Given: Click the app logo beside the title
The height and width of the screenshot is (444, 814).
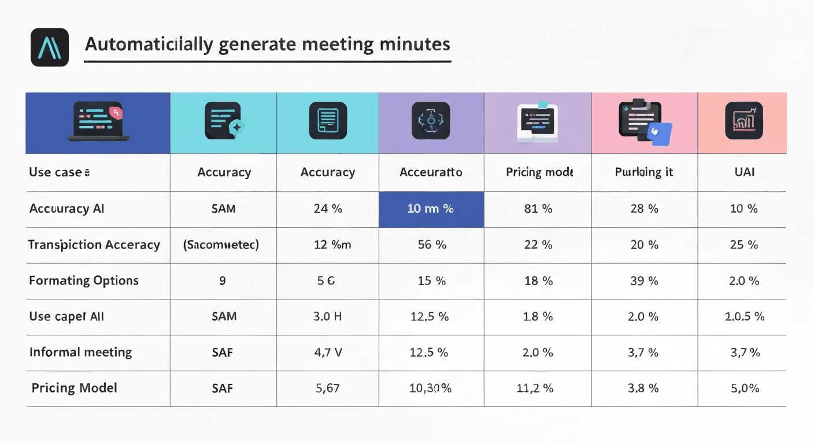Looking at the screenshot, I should pos(50,47).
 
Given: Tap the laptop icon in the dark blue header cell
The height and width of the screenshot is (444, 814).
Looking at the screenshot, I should pos(98,121).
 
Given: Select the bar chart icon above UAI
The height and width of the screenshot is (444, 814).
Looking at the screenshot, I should pos(743,120).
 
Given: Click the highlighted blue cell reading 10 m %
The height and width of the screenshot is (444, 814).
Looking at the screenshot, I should pos(431,209).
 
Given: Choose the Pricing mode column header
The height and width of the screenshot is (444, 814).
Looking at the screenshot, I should pos(539,172).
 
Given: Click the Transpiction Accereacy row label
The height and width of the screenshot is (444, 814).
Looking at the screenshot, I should pos(94,245).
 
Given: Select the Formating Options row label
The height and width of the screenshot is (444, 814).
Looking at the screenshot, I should pos(84,280).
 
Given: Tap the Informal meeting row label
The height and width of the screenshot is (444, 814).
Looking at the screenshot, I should pos(80,352).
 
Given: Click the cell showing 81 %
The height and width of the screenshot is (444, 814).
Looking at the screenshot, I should pos(538,209).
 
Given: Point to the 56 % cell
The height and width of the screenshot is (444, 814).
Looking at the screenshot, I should pos(431,245).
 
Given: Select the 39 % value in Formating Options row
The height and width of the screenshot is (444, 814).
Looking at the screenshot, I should pos(644,280).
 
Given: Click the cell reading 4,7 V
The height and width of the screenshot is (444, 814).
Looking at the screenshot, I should pos(327,352).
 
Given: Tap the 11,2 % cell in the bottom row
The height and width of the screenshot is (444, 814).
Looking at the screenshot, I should pos(534,388).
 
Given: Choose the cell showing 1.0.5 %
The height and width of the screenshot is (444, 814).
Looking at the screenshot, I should pos(744,316).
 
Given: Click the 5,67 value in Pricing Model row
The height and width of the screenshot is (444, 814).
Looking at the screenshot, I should pos(327,388).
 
